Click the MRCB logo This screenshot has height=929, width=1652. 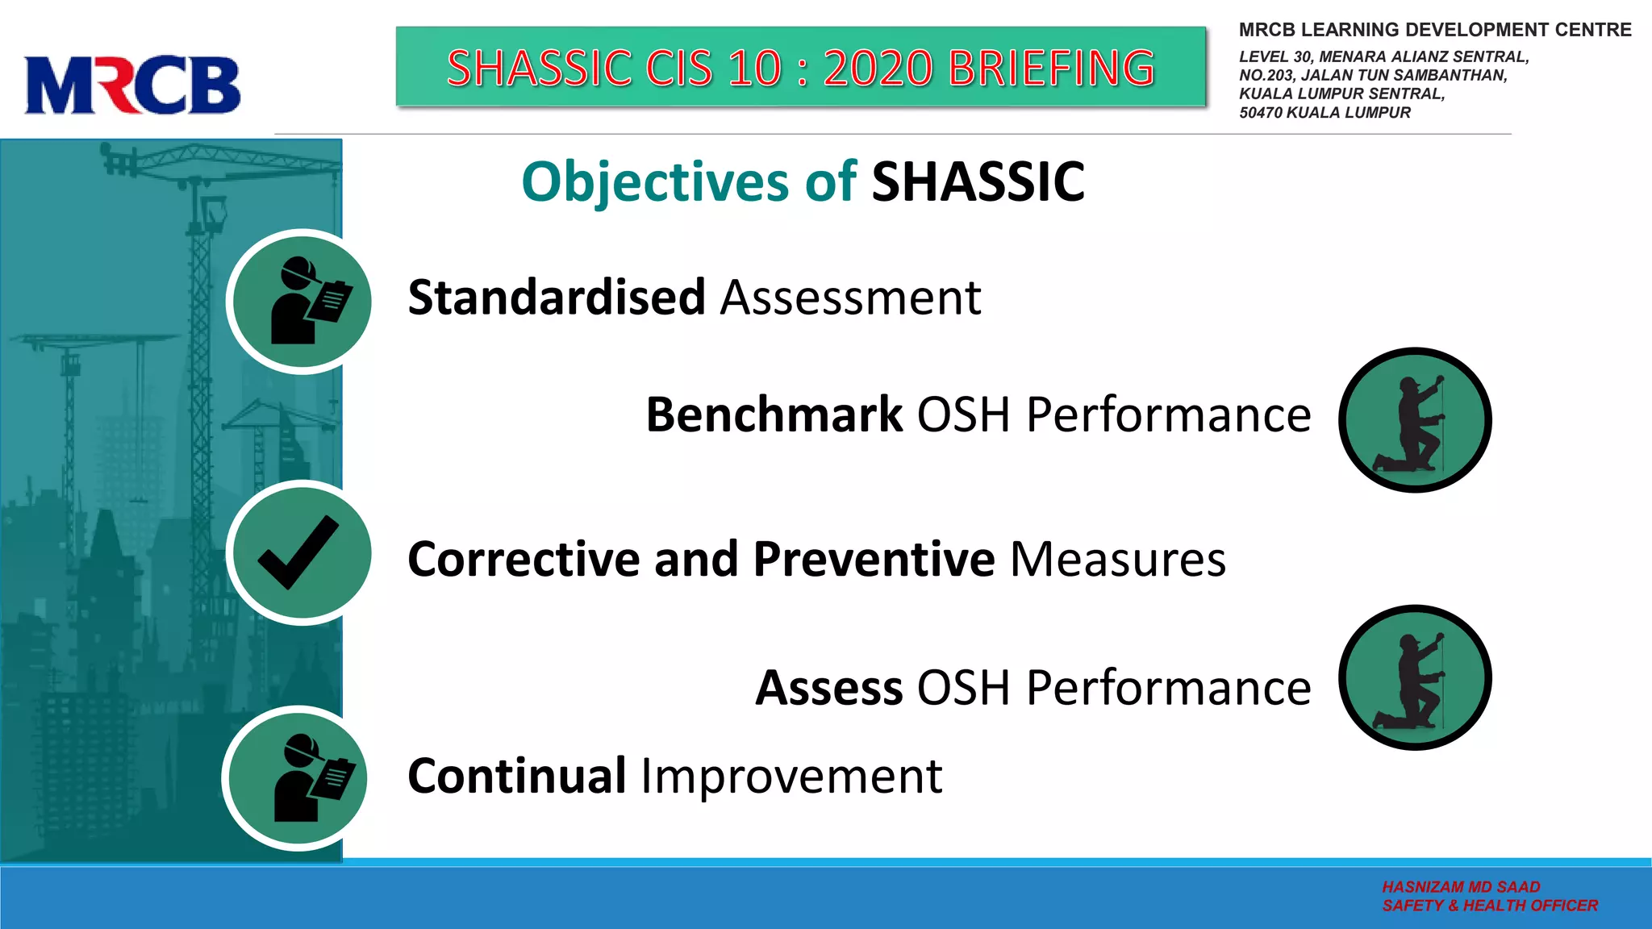point(132,85)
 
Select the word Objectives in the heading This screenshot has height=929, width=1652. point(654,182)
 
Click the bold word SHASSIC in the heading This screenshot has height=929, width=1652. point(978,182)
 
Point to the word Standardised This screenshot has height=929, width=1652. point(557,298)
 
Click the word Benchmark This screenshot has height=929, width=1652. point(774,415)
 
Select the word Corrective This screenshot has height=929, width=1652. point(523,559)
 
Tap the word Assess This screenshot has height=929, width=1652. point(828,689)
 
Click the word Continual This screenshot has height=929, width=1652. point(517,776)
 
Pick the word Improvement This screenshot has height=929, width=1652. point(791,777)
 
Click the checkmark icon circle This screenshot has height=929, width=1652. point(299,553)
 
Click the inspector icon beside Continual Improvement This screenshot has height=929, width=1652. point(295,779)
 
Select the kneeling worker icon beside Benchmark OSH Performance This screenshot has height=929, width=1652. point(1415,420)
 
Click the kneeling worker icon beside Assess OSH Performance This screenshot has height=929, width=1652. point(1415,677)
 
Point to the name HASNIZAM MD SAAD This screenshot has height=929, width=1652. point(1461,886)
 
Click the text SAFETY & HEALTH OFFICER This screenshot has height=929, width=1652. point(1489,906)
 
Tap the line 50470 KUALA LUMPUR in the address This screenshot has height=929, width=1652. point(1325,113)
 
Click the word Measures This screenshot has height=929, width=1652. point(1117,559)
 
